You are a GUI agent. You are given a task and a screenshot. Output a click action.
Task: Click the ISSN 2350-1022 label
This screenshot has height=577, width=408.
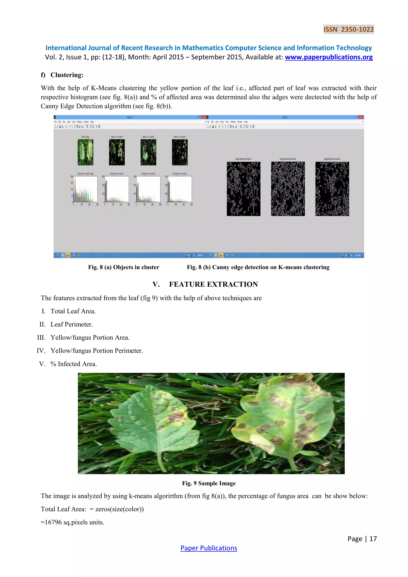[348, 29]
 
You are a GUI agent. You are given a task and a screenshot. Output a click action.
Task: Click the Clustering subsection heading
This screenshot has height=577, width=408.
[67, 75]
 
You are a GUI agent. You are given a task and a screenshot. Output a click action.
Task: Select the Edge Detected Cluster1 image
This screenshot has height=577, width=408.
[243, 189]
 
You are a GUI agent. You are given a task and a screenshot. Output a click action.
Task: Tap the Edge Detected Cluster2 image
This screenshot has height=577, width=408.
[288, 189]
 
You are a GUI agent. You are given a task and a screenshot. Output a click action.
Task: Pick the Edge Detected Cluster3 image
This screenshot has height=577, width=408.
[332, 189]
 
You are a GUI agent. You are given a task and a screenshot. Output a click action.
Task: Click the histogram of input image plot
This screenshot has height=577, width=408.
[85, 189]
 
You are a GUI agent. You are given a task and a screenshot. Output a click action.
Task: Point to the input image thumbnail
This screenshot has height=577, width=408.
[85, 152]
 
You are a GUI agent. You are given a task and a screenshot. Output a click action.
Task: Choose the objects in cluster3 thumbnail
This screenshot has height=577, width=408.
[180, 152]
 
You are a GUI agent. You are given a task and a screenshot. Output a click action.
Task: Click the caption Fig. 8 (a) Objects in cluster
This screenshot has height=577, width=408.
[124, 267]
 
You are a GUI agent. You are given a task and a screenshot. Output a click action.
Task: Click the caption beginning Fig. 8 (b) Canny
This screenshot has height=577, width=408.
[258, 267]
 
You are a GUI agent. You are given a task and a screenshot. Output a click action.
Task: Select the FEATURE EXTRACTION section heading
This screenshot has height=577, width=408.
[213, 284]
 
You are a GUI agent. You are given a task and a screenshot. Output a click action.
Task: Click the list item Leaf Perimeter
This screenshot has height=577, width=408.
[72, 324]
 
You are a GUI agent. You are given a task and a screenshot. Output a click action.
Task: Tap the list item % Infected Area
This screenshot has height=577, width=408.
[73, 364]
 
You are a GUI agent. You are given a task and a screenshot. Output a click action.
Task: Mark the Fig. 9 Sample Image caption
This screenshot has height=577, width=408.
[209, 483]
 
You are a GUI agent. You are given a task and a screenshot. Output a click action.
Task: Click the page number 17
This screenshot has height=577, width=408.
[373, 539]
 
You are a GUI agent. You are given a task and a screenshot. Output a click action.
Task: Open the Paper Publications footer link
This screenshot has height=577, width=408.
[209, 548]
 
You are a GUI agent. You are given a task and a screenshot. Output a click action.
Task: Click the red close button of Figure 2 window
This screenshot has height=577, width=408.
[361, 117]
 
